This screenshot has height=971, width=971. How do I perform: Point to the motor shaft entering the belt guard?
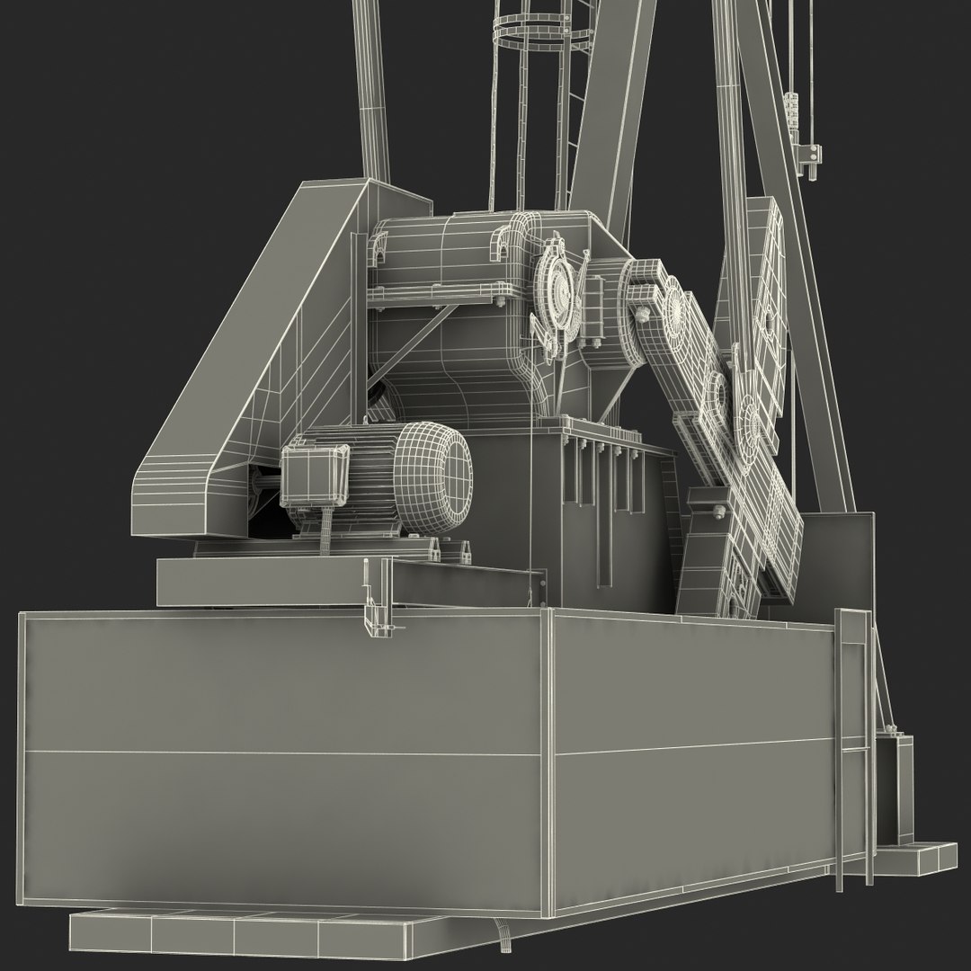[x=268, y=488]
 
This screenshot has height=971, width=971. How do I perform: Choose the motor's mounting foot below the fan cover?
[x=441, y=548]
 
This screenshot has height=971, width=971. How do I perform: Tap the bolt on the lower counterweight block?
[x=719, y=513]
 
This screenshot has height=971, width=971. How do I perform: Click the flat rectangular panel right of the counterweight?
[x=841, y=557]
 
